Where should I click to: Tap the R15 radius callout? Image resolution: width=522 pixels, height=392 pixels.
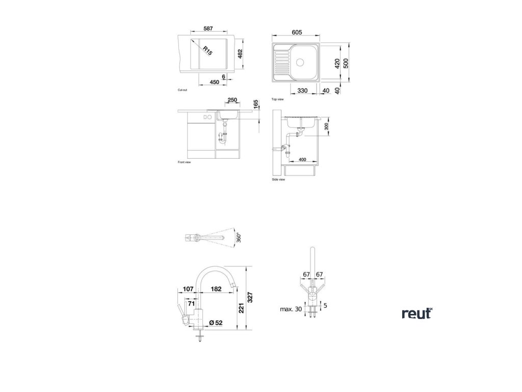click(x=207, y=50)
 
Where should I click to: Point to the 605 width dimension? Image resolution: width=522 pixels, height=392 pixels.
click(x=296, y=32)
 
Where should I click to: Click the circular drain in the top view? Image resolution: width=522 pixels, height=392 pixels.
click(x=300, y=62)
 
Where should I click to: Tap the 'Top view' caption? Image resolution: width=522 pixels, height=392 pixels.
click(x=277, y=99)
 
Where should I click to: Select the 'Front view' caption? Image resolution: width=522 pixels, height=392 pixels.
click(x=184, y=162)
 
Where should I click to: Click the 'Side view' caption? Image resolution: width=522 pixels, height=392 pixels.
click(x=278, y=180)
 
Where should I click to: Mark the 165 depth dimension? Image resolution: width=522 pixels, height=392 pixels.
click(x=256, y=105)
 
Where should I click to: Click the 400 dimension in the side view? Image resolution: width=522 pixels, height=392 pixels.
click(x=303, y=159)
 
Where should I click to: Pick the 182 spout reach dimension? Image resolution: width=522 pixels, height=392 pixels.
click(x=216, y=289)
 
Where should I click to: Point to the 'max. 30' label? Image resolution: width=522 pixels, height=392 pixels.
click(x=291, y=309)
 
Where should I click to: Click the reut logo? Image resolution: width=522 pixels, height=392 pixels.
click(x=416, y=313)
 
